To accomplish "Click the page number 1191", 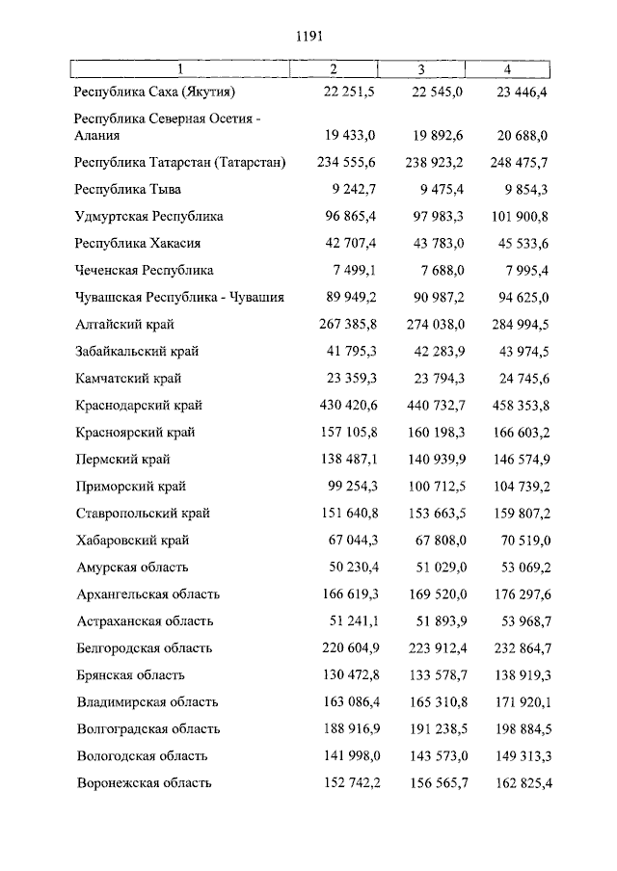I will (308, 36).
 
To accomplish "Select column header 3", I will (421, 68).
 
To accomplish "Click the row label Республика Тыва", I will (127, 190).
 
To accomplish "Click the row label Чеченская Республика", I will (144, 271).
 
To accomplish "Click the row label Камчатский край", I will (128, 379).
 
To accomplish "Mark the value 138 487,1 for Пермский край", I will (349, 460).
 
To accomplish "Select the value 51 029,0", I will (437, 567).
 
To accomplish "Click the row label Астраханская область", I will (145, 621).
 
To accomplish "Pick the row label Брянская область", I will (130, 675).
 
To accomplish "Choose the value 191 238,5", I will (437, 729).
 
